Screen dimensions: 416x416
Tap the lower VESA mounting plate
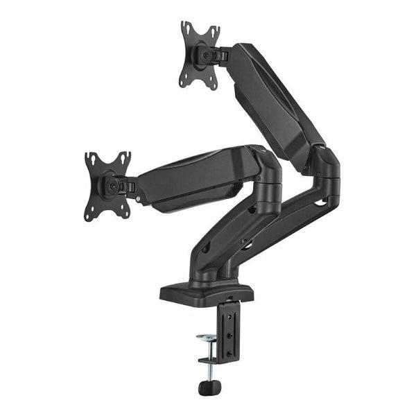(x=108, y=185)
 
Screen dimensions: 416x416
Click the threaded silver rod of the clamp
(x=206, y=361)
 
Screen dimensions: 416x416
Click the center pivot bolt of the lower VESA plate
(x=110, y=184)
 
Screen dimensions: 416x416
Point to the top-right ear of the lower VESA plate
(x=125, y=157)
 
